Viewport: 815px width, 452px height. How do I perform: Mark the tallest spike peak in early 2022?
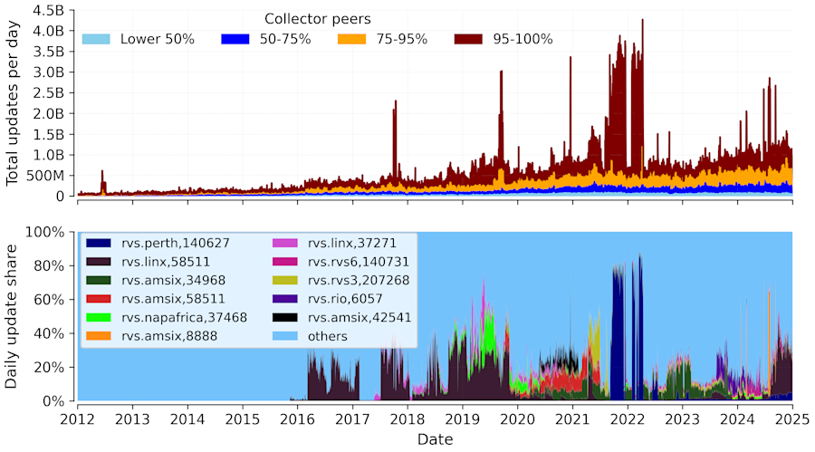click(642, 20)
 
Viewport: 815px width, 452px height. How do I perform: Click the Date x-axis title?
click(436, 439)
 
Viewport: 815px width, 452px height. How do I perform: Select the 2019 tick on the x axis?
click(463, 419)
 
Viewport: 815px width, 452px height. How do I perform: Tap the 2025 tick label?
click(792, 419)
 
